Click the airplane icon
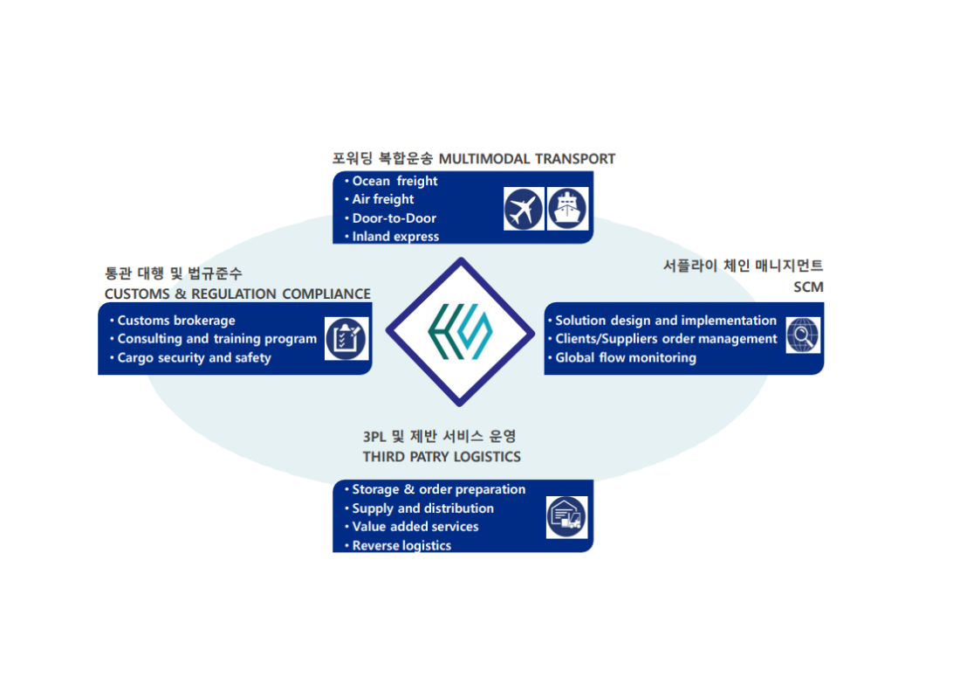coord(524,210)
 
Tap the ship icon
coord(568,210)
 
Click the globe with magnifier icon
coord(803,335)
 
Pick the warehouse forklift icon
coord(567,517)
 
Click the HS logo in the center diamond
coord(460,332)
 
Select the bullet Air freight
coord(383,199)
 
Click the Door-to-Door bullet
coord(394,218)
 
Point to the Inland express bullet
coord(395,237)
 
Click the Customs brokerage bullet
coord(176,321)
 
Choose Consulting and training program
coord(216,339)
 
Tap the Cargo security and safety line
coord(194,357)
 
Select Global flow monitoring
coord(626,357)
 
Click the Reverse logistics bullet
coord(401,546)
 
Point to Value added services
coord(415,527)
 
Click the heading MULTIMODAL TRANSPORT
coord(526,159)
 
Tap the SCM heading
coord(809,287)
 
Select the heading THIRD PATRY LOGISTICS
coord(442,457)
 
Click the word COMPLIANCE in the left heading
coord(326,294)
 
